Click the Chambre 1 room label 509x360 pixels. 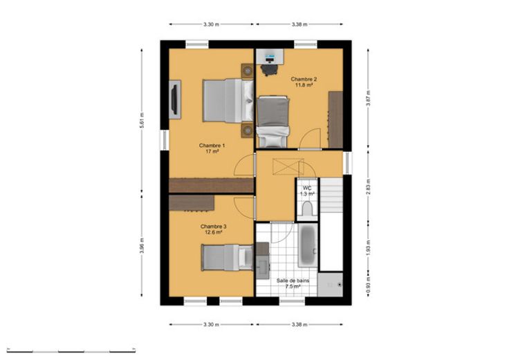click(212, 146)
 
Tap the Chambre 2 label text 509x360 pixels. click(304, 79)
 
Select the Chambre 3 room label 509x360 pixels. click(213, 227)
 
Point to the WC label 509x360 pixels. click(307, 188)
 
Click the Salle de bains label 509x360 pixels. click(293, 281)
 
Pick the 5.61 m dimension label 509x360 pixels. click(142, 120)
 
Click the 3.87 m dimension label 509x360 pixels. click(368, 98)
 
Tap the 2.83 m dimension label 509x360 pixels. click(368, 187)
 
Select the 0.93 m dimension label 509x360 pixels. click(368, 285)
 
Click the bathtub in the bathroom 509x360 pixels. click(308, 245)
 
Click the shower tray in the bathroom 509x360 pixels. click(330, 285)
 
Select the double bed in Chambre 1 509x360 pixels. click(228, 101)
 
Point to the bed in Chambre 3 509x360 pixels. click(228, 258)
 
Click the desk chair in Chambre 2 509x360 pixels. click(269, 69)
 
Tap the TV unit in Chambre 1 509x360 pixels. click(175, 100)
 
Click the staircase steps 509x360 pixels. click(331, 196)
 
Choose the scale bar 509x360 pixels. click(71, 351)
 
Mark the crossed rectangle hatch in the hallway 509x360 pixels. click(288, 167)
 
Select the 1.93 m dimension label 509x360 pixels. click(368, 248)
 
